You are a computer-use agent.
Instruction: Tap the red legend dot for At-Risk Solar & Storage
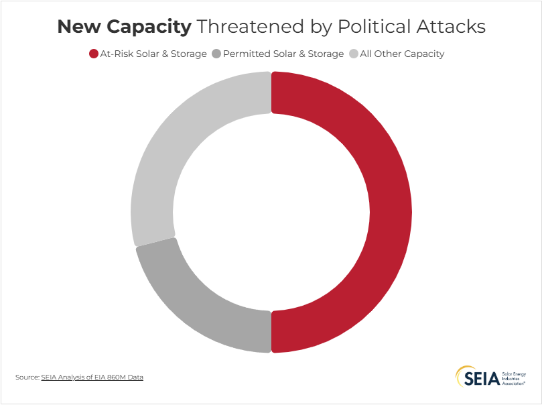coord(94,54)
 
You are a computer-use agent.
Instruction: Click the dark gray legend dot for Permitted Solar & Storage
coord(216,54)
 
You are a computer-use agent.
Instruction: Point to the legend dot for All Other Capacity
coord(353,54)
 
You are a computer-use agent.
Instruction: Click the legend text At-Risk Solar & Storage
coord(153,54)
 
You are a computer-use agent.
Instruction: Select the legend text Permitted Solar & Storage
coord(283,54)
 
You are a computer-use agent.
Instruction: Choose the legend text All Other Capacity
coord(402,54)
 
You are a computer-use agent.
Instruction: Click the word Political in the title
coord(375,27)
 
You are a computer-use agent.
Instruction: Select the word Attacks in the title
coord(452,27)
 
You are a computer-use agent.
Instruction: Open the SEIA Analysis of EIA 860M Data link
coord(92,377)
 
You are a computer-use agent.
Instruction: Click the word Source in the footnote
coord(27,377)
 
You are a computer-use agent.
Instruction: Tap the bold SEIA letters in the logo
coord(482,377)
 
